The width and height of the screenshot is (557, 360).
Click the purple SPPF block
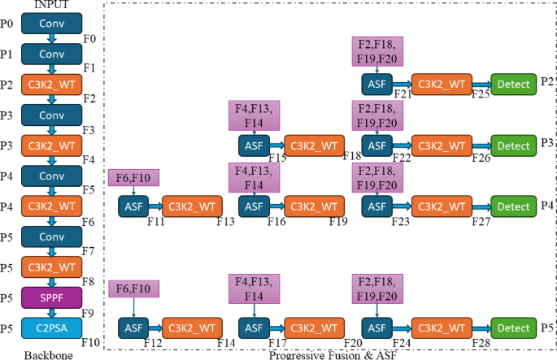pos(51,297)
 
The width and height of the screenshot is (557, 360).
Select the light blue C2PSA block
pos(51,327)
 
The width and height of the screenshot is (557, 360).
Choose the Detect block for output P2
pos(513,83)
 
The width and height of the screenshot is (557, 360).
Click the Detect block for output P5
pos(513,327)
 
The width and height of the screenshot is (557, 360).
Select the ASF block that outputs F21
pos(376,83)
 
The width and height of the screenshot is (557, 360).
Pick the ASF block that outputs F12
pos(133,327)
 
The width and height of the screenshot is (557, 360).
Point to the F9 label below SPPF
pos(89,313)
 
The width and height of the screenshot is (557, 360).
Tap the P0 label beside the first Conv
pos(7,24)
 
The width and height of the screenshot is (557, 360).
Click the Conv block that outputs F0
pos(51,24)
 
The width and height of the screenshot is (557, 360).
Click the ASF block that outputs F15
pos(254,145)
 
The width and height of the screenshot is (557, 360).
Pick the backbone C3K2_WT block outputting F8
pos(51,267)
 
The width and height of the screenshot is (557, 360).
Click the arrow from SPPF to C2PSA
pos(51,313)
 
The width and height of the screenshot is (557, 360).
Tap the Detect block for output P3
pos(513,145)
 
